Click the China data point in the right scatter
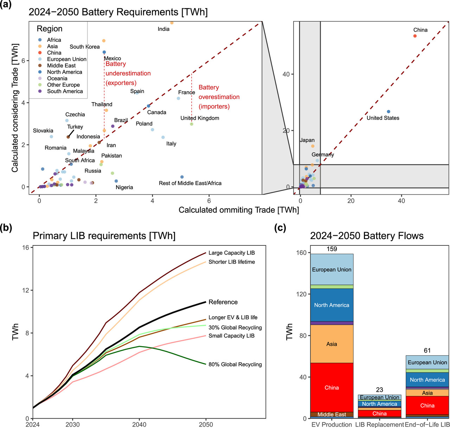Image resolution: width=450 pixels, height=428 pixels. coord(415,36)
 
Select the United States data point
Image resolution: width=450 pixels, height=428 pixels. coord(388,112)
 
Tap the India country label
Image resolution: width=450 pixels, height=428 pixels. coord(163,29)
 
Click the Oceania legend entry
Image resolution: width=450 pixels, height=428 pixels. coord(57,78)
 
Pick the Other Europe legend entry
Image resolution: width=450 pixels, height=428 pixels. coord(63,85)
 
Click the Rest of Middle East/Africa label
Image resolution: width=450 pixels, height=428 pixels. coord(190,183)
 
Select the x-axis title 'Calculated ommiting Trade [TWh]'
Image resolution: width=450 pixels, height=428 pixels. coord(239,210)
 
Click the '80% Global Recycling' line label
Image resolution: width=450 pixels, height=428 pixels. coord(235,364)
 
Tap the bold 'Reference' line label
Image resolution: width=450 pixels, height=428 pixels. coord(223,302)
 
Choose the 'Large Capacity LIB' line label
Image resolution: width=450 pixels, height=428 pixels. coord(232,253)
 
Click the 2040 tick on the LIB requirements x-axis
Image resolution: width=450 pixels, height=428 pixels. coord(139,424)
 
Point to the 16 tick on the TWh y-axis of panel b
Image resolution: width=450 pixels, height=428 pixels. coord(26,248)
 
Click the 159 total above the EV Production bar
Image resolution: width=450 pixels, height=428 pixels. coord(332,249)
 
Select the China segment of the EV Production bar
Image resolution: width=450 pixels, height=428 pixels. coord(332,388)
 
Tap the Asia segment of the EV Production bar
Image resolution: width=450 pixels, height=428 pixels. coord(332,344)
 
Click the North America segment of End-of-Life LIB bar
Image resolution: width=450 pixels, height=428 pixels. coord(427,380)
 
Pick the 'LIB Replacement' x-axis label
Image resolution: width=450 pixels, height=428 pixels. coord(379,424)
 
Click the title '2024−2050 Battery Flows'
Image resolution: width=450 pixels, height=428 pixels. coord(367,236)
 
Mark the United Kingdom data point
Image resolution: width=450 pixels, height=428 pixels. coord(192,124)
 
